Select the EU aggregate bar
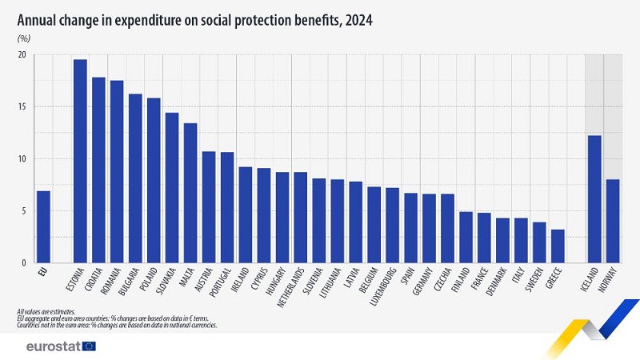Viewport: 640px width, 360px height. click(x=43, y=227)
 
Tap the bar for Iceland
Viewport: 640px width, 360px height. click(x=594, y=199)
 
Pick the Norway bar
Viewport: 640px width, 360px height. click(x=613, y=221)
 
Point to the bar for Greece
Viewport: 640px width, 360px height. click(x=558, y=246)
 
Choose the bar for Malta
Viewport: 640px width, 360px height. click(x=190, y=193)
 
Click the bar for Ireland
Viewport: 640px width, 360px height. click(x=246, y=214)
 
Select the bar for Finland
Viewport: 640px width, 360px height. click(x=466, y=237)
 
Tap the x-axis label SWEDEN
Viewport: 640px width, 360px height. click(x=537, y=281)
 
